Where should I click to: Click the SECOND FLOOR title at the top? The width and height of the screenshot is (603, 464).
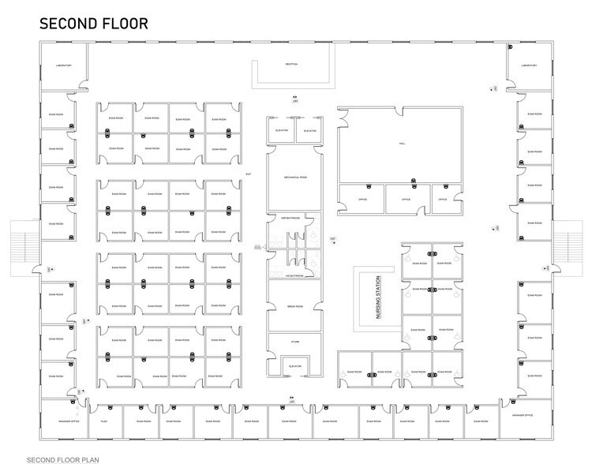pos(93,23)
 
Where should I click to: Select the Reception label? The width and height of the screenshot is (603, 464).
pos(291,65)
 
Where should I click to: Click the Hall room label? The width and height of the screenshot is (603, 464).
pos(402,144)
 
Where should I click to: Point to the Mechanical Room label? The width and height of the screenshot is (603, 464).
pos(294,178)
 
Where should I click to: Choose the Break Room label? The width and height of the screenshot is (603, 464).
pos(295,304)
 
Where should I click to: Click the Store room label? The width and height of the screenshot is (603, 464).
pos(295,342)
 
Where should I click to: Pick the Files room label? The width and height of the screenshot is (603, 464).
pos(103,422)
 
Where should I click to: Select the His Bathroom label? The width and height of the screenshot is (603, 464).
pos(295,275)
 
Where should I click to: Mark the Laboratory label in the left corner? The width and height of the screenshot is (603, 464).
pos(64,65)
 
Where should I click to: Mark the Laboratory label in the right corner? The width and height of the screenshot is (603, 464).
pos(528,65)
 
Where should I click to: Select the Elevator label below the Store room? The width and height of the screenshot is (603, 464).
pos(295,366)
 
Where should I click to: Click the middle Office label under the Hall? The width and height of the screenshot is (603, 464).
pos(406,200)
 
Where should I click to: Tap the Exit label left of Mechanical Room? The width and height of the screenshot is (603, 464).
pos(248,173)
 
